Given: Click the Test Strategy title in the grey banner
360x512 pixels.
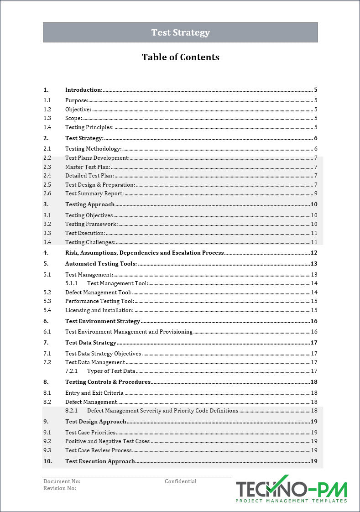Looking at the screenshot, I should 180,32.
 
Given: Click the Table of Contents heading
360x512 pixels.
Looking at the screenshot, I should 180,57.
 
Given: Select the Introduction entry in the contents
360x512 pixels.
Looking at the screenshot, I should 83,90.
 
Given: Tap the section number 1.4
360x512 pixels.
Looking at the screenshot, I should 47,127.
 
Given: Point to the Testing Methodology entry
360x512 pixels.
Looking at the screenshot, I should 93,148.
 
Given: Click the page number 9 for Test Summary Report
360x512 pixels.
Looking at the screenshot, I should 315,193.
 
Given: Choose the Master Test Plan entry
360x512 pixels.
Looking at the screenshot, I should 88,167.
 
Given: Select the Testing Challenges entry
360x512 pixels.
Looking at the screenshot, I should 90,242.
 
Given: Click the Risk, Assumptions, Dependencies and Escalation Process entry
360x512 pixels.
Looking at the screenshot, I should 144,253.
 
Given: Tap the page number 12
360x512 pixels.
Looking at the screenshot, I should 314,253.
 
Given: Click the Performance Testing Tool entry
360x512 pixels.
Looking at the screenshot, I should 99,301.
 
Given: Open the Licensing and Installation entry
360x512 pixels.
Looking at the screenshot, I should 99,310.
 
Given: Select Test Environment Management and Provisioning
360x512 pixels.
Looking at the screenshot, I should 129,332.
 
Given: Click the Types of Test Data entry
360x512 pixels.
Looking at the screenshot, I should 111,371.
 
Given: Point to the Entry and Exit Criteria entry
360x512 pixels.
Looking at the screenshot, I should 94,393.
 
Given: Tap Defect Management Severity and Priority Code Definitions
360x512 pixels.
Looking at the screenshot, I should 162,411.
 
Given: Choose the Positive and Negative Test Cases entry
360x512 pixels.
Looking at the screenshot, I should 107,441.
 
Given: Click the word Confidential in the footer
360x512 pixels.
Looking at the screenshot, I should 181,481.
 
